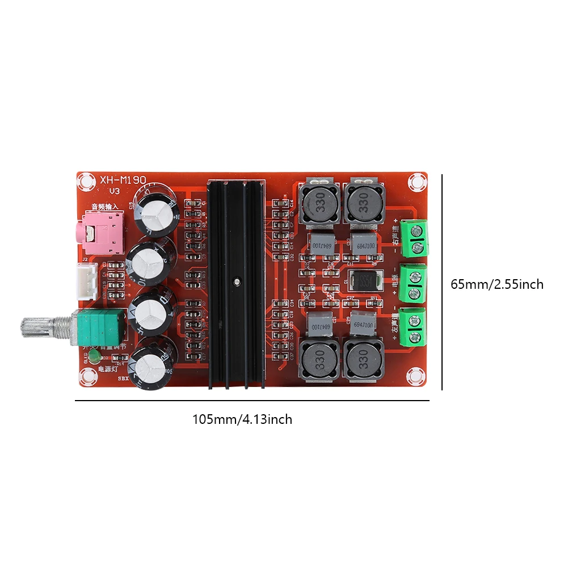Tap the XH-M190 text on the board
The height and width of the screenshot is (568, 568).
point(123,179)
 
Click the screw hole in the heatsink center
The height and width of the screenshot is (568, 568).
point(235,280)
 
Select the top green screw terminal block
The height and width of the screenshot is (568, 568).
point(414,238)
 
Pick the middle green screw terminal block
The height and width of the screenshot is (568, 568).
point(414,283)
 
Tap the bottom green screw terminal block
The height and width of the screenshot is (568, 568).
point(414,327)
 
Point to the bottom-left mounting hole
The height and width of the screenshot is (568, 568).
point(87,376)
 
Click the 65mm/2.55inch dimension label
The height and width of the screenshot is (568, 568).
point(497,284)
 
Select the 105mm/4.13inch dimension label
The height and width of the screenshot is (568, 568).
point(242,420)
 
